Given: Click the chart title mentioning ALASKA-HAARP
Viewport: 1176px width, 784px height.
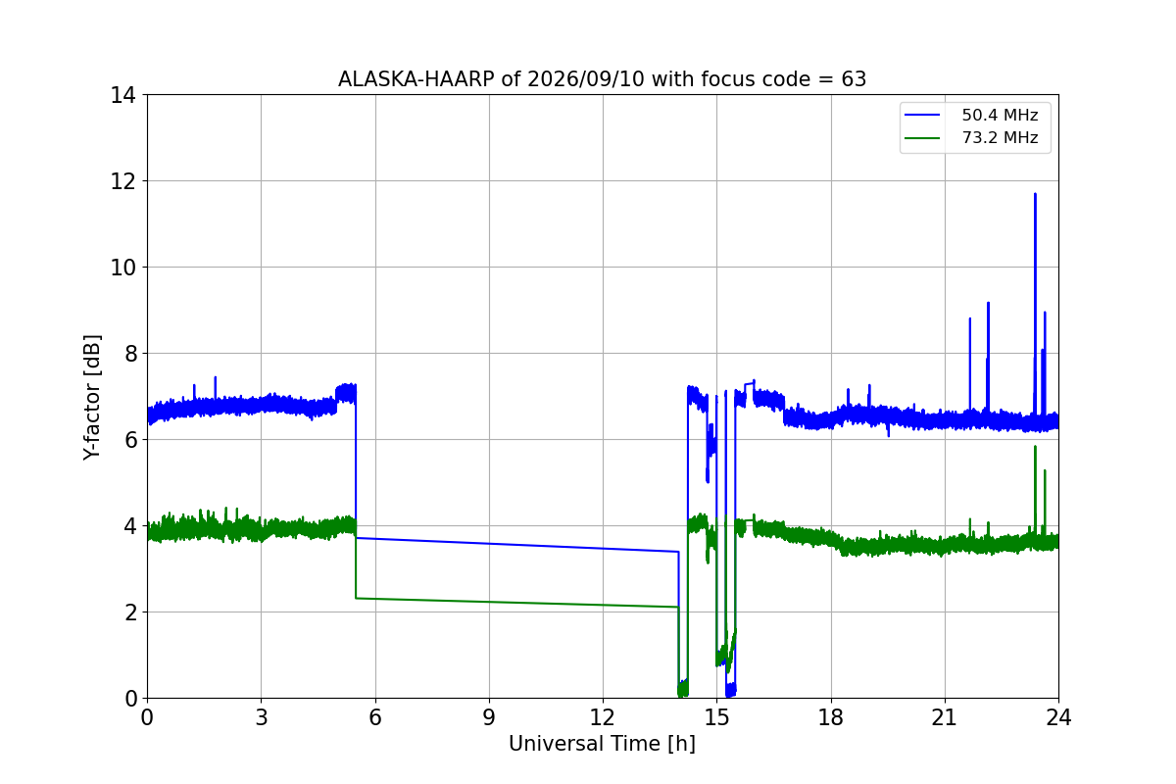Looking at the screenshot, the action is point(602,79).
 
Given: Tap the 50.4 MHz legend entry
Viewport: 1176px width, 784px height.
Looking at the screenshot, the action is point(971,115).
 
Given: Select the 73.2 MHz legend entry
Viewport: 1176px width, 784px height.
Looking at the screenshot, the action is point(971,137).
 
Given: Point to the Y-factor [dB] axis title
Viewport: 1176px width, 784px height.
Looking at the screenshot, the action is point(91,397).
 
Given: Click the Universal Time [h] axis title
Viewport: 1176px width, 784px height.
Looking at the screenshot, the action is point(602,744).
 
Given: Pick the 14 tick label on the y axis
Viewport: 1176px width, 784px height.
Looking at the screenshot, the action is point(122,96).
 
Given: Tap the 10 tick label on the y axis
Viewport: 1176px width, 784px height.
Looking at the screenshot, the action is point(122,268).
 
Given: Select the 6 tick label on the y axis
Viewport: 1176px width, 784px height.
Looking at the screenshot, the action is point(130,440).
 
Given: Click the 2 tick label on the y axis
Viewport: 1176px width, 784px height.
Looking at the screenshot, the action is point(130,612).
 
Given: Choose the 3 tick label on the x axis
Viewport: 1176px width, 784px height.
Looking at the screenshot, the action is point(262,717).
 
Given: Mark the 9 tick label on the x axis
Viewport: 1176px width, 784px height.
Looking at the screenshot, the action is point(489,717).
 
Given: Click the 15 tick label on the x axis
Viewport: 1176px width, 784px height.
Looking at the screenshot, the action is point(716,717).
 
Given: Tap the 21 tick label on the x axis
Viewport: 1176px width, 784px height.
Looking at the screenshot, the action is point(945,717).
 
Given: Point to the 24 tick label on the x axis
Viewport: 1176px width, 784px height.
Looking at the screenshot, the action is point(1058,717).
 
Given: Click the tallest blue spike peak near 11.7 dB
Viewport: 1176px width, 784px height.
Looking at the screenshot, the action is point(1035,194).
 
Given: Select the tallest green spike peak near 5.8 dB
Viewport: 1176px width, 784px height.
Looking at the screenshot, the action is point(1035,447).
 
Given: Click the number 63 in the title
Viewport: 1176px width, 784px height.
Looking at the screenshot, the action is point(854,79).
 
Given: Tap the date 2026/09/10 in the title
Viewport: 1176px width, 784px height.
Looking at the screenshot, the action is point(585,79).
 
